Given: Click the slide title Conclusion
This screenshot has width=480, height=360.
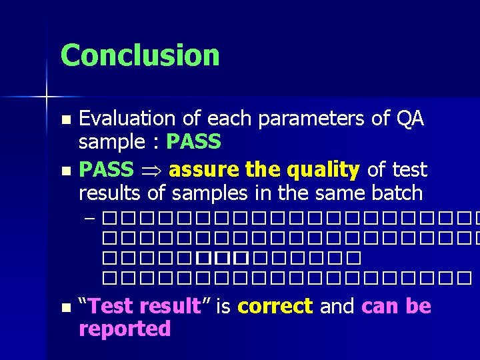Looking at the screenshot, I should (140, 55).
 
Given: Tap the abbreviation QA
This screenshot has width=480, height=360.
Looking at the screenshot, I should (409, 119).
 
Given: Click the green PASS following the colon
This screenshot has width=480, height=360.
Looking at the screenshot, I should (193, 142).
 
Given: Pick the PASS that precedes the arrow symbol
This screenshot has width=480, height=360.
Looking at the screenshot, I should (106, 170).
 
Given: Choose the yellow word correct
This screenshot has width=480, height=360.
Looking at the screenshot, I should (275, 306).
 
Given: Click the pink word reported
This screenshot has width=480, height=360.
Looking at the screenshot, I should (125, 329).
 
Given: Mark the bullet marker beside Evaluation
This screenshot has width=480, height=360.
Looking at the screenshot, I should (65, 120).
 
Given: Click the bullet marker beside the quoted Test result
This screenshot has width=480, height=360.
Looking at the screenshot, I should (65, 307).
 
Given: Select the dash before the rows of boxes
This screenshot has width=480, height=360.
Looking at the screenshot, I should (91, 218).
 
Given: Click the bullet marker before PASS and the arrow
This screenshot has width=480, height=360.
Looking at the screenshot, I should (65, 171).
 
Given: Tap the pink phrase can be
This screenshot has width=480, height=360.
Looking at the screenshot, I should (396, 306).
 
